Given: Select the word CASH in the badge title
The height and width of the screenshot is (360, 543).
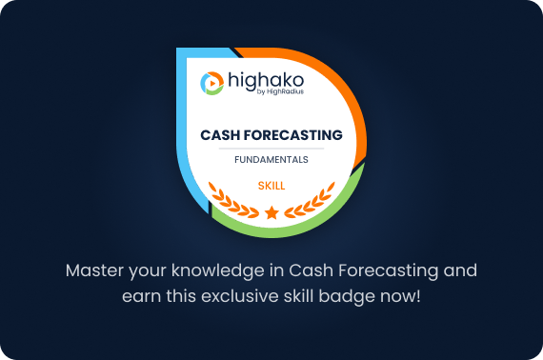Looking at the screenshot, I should [x=220, y=136].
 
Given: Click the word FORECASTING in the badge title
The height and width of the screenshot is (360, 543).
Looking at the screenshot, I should [x=293, y=136].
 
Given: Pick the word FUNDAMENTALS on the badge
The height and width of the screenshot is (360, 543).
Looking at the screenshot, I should [x=271, y=160].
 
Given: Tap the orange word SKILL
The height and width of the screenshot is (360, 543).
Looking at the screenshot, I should [x=271, y=185].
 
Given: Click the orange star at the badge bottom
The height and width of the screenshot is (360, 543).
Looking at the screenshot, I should [x=271, y=211].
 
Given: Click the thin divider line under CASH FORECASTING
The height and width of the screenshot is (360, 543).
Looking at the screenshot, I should [x=271, y=149].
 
